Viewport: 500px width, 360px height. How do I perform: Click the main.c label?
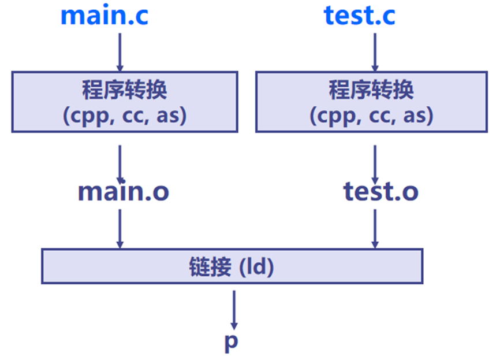[105, 16]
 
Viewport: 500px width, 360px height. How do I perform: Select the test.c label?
[360, 16]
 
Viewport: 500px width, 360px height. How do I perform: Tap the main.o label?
[124, 191]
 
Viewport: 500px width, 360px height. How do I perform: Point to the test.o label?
[380, 191]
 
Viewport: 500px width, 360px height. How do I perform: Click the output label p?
[231, 342]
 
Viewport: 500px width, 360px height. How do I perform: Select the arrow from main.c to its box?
[120, 51]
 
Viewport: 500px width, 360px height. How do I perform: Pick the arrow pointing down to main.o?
[120, 163]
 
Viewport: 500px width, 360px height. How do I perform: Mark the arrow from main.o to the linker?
[120, 228]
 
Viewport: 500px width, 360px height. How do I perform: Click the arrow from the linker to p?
[234, 309]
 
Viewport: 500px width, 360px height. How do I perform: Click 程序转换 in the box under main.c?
[124, 91]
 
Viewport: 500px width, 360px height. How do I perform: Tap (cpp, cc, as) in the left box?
[124, 116]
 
